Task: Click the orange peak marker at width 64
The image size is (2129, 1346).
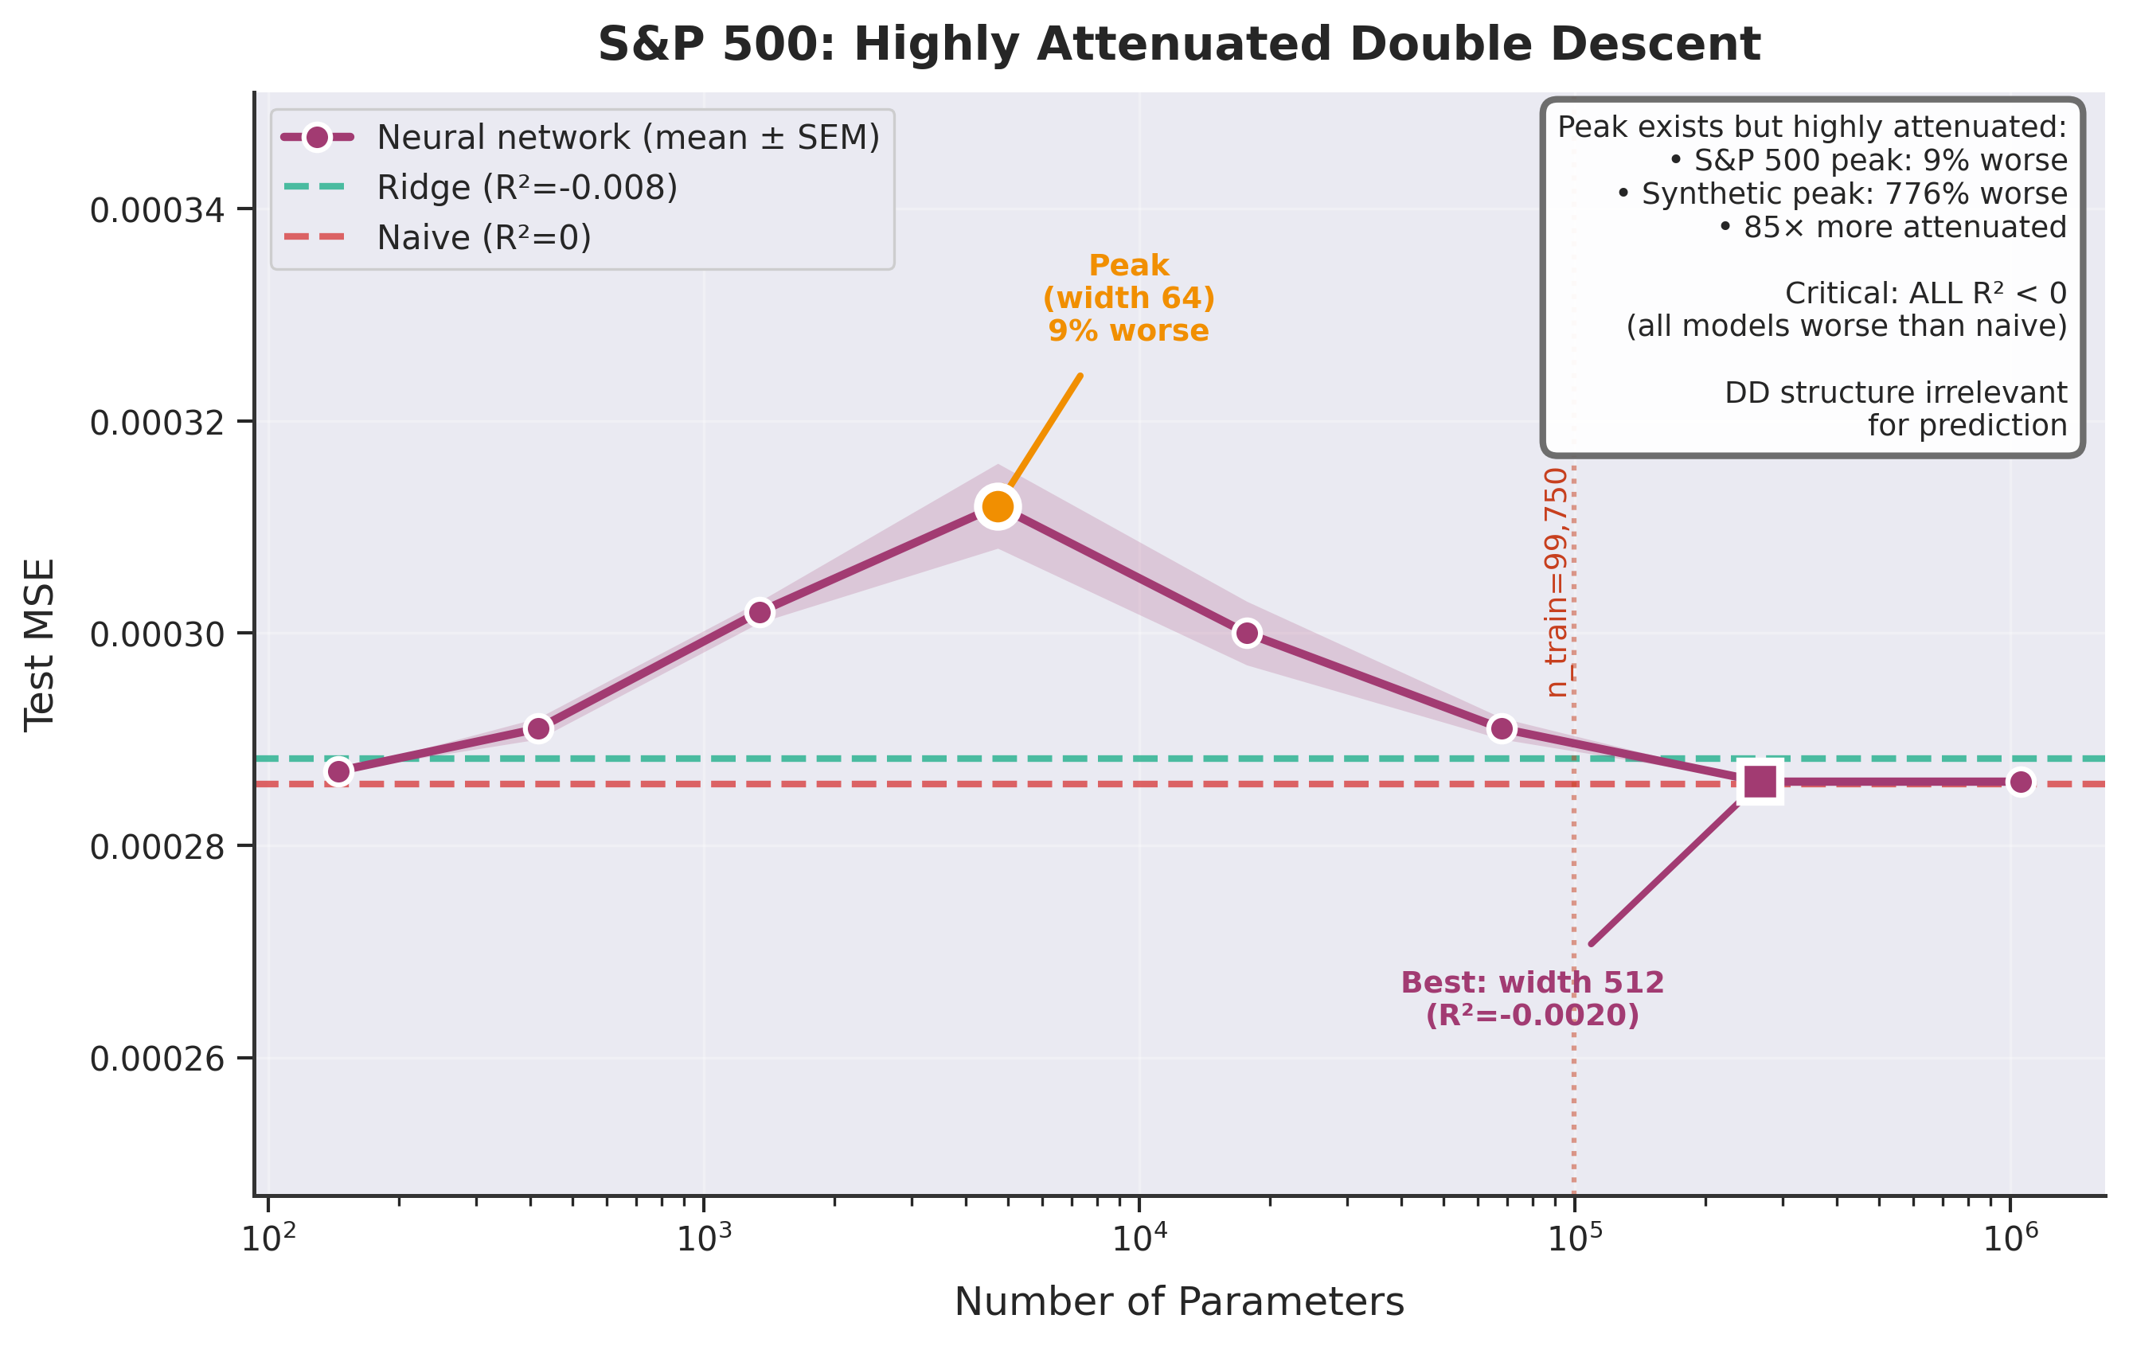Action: coord(998,506)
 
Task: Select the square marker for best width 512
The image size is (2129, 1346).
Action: coord(1760,782)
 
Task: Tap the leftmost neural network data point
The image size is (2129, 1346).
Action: coord(338,771)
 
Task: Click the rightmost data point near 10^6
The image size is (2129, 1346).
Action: coord(2020,782)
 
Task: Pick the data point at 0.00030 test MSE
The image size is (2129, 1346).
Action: coord(1247,633)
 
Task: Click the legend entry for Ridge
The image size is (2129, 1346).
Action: coord(526,187)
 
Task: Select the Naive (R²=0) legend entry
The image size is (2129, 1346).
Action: coord(482,238)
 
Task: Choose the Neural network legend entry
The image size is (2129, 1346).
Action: coord(627,138)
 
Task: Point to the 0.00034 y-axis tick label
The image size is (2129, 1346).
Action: coord(158,210)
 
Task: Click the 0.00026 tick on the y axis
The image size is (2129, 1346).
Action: coord(158,1059)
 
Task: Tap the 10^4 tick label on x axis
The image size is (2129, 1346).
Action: coord(1139,1237)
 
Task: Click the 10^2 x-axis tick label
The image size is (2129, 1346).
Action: coord(268,1237)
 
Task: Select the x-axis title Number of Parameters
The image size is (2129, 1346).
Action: coord(1178,1301)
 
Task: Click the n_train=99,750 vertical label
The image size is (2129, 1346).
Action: coord(1556,583)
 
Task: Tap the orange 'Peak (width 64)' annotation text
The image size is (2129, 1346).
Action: coord(1129,298)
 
